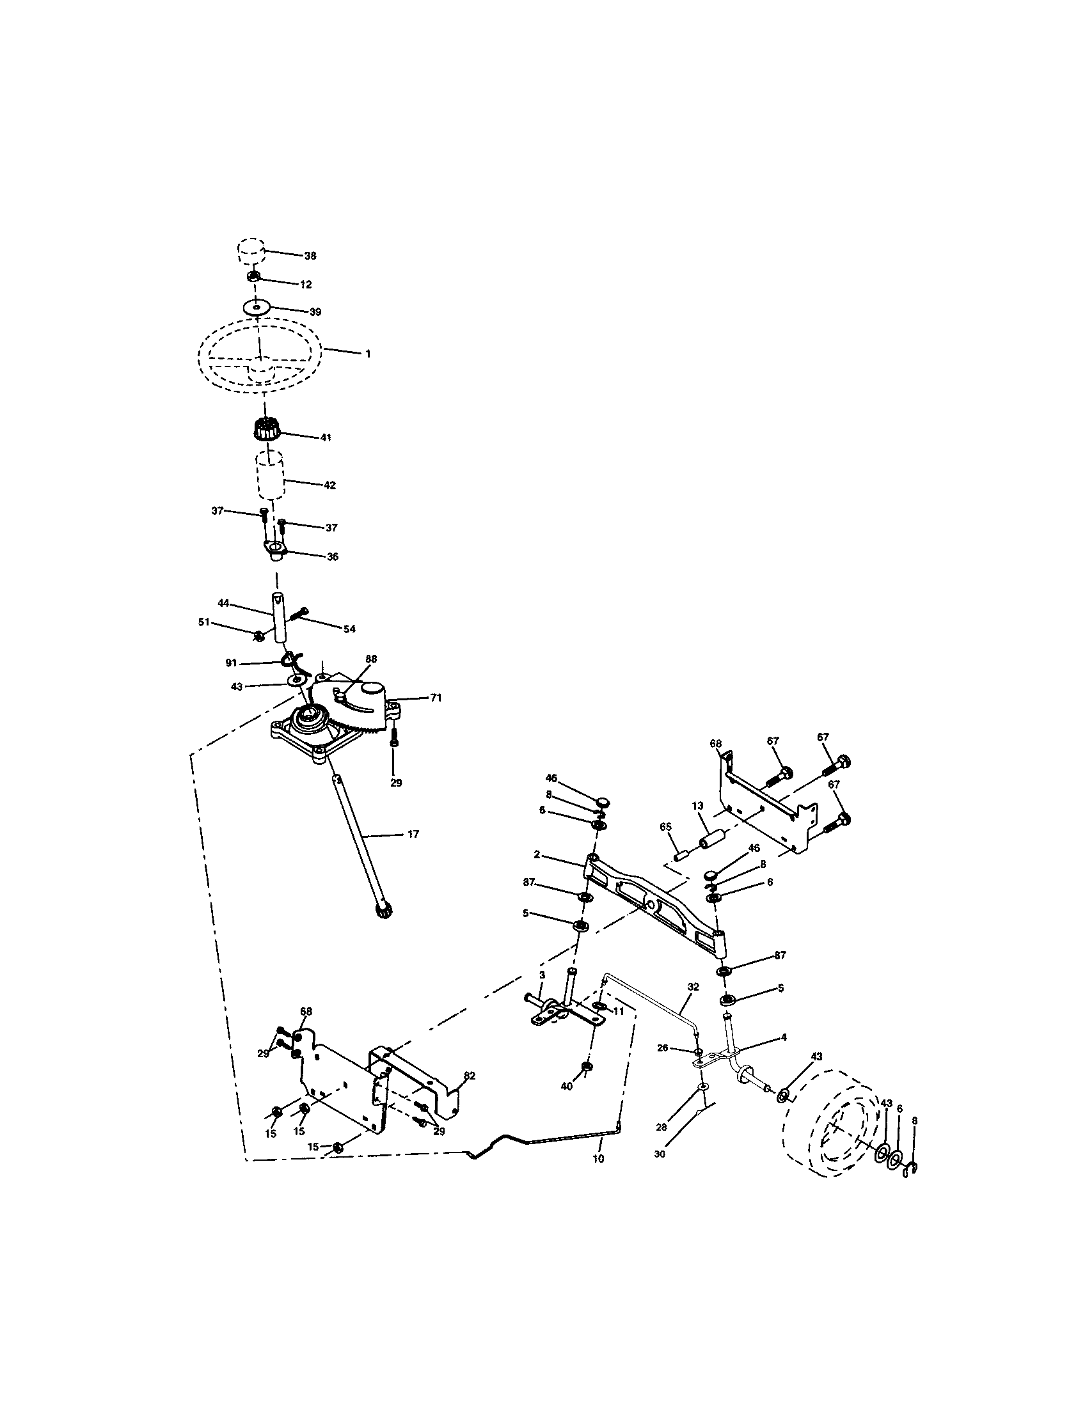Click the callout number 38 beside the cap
[310, 256]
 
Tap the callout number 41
[326, 437]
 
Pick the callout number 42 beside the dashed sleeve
[329, 485]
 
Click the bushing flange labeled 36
[275, 549]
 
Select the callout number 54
[349, 629]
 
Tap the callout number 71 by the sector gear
[436, 697]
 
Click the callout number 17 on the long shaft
[413, 834]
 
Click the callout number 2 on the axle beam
[536, 856]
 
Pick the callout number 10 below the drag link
[598, 1158]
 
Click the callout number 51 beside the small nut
[205, 622]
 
